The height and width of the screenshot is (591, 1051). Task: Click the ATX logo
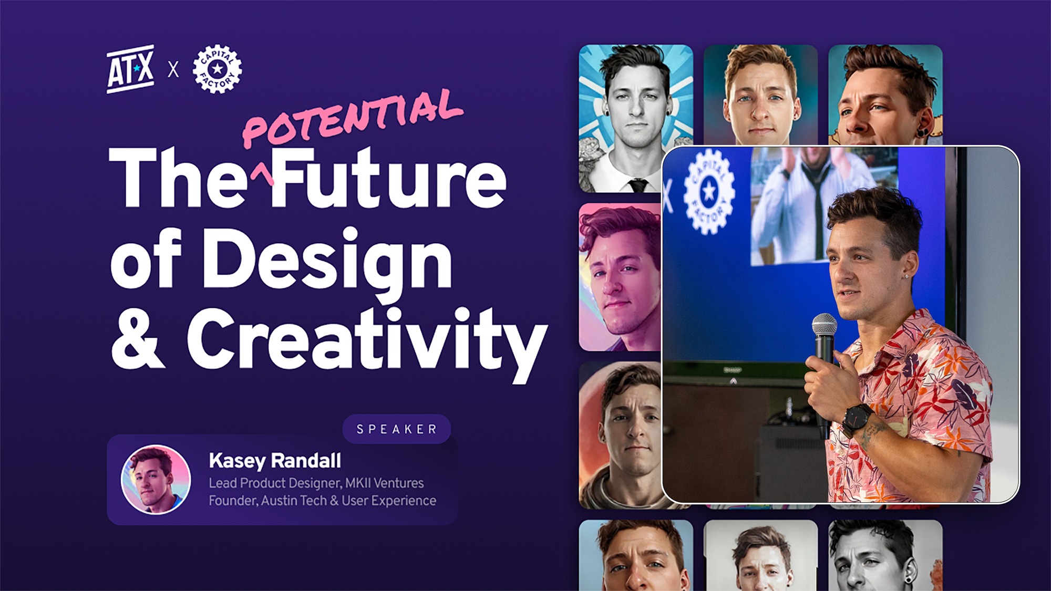pyautogui.click(x=130, y=69)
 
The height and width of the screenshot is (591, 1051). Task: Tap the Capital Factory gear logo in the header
pyautogui.click(x=217, y=69)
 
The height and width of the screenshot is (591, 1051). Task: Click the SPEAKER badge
pyautogui.click(x=397, y=429)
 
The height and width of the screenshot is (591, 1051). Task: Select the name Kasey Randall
pyautogui.click(x=275, y=461)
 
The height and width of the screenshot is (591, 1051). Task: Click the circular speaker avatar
pyautogui.click(x=156, y=480)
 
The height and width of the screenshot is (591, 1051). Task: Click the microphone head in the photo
pyautogui.click(x=825, y=326)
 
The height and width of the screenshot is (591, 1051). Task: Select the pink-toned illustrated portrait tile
pyautogui.click(x=620, y=277)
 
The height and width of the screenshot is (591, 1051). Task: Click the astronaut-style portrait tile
pyautogui.click(x=620, y=435)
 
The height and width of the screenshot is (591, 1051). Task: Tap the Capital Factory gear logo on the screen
pyautogui.click(x=709, y=191)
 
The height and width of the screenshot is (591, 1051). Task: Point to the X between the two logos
pyautogui.click(x=173, y=69)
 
